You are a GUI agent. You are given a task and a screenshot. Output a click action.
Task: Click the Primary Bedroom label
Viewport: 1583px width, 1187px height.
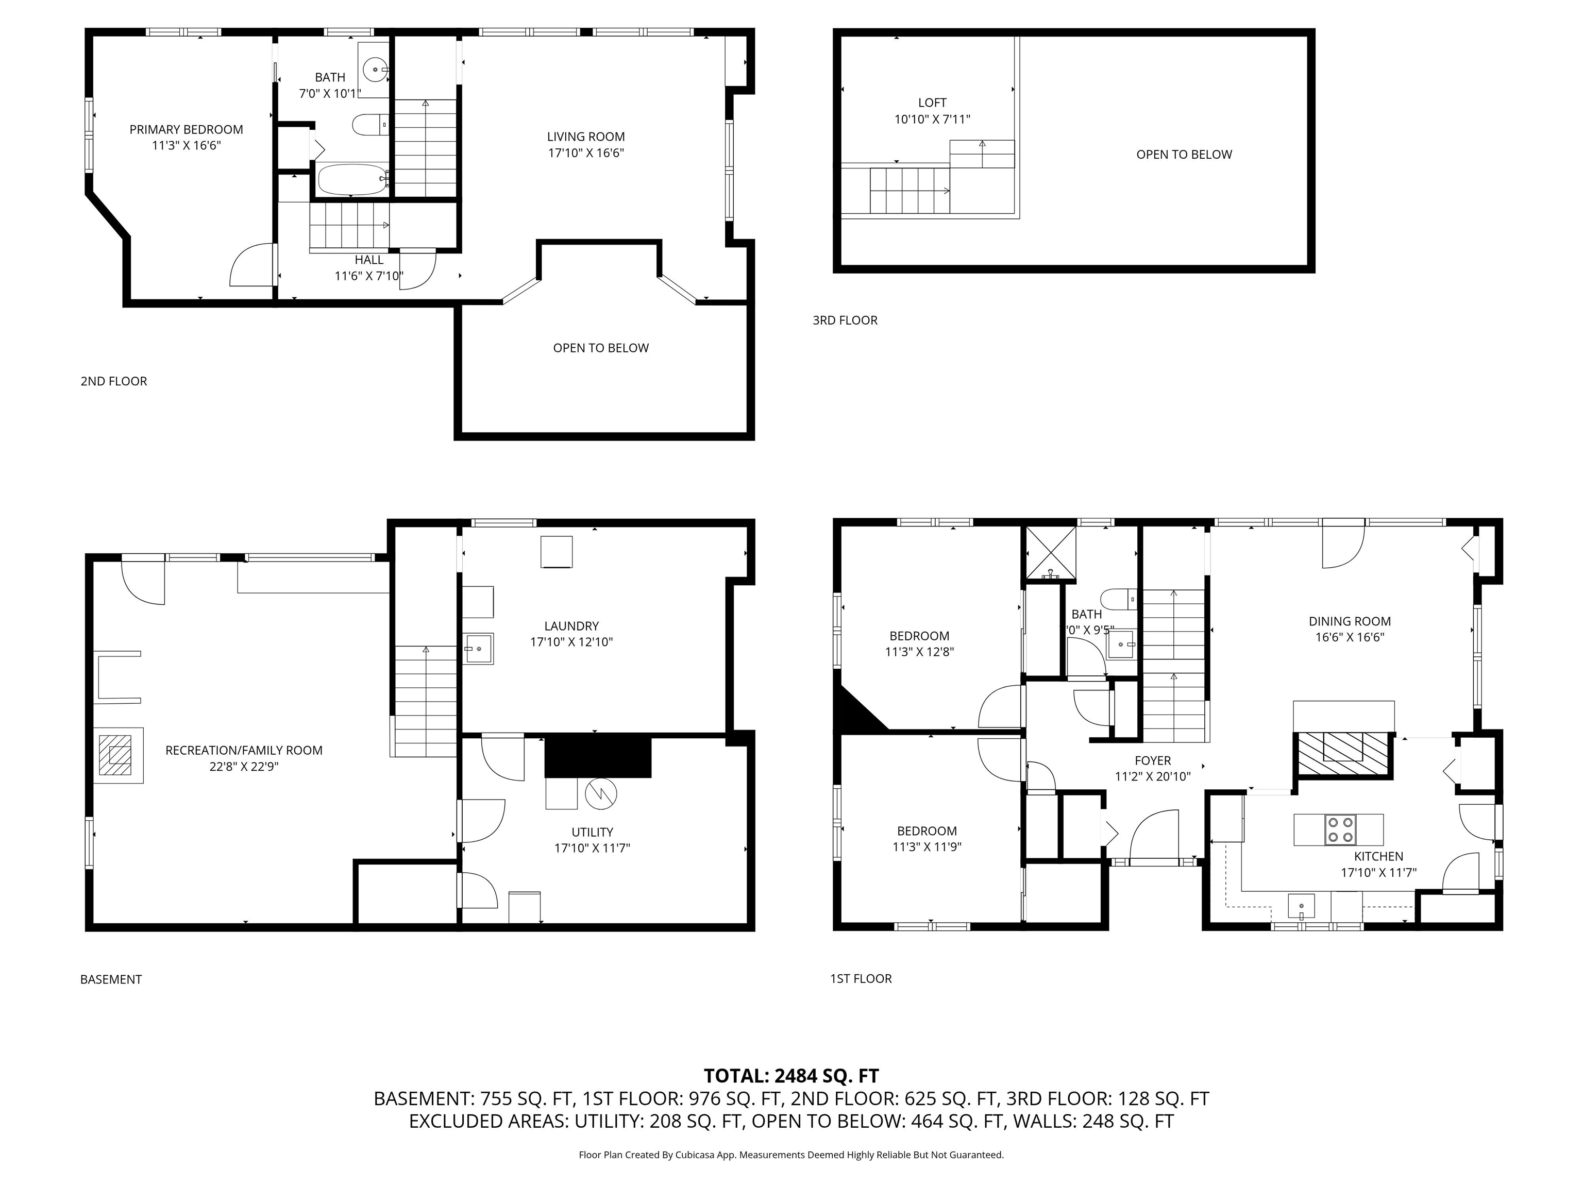tap(186, 129)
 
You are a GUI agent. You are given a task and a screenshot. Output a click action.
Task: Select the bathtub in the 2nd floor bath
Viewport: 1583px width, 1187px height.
tap(351, 180)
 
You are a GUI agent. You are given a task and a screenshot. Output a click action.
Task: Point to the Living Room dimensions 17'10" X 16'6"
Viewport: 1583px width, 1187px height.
tap(586, 152)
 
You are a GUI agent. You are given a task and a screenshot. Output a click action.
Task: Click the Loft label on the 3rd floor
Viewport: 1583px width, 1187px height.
tap(933, 103)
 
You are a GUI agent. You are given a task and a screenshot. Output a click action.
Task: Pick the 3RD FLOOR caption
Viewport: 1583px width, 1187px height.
tap(845, 320)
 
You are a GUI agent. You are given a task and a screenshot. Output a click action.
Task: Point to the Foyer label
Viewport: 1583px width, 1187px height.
tap(1153, 760)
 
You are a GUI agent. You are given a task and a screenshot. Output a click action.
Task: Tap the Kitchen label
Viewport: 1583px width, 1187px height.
tap(1378, 856)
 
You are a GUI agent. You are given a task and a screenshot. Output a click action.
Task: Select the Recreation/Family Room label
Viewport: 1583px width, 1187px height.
tap(244, 751)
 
